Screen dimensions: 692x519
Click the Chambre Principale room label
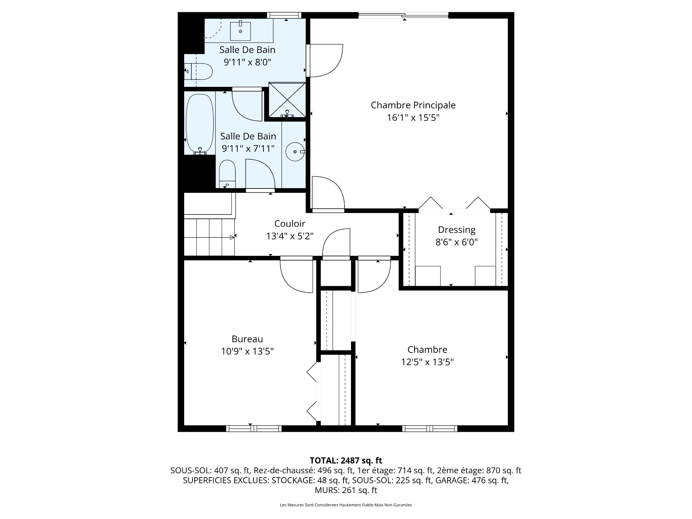413,105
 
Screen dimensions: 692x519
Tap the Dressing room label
457,230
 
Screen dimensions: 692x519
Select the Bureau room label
247,339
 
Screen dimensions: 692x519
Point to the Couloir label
290,224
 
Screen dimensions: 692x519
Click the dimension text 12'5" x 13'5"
427,362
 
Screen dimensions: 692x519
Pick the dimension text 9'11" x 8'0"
247,62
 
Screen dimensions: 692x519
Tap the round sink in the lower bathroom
296,152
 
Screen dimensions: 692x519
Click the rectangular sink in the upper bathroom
240,31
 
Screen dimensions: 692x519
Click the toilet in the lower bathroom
227,174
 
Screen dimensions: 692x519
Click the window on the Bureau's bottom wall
254,429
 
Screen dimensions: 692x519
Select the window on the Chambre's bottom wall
430,429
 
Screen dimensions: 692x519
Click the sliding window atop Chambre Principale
404,15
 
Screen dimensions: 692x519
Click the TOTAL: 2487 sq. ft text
346,460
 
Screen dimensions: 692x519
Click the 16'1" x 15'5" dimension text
413,117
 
